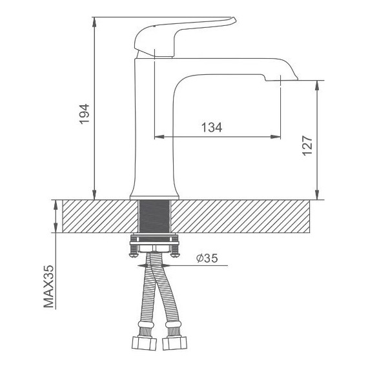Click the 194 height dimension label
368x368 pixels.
[x=84, y=114]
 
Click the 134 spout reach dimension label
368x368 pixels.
[x=212, y=127]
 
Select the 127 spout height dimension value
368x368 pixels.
[x=307, y=145]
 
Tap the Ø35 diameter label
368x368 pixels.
[x=207, y=258]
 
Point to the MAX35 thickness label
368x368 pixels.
[x=49, y=286]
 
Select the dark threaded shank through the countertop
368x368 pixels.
[x=155, y=216]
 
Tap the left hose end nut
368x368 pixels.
[x=144, y=343]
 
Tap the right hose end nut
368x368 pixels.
[x=175, y=343]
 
